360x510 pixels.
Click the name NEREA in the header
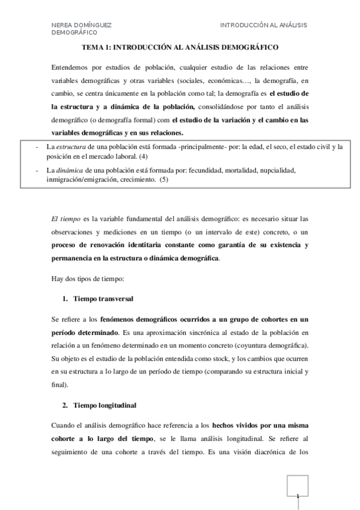coord(62,25)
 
